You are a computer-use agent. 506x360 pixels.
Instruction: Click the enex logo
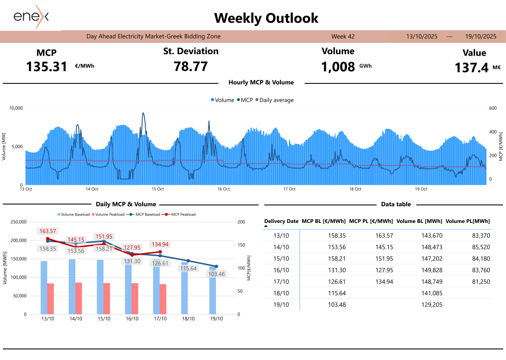click(x=31, y=16)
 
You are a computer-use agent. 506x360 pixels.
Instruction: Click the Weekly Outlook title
click(x=266, y=18)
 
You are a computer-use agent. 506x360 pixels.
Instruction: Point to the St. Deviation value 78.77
click(x=191, y=66)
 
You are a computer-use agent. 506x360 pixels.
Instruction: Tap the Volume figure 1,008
click(x=338, y=66)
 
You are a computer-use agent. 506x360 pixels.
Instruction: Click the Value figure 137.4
click(x=472, y=68)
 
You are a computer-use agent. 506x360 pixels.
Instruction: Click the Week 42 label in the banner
click(x=343, y=36)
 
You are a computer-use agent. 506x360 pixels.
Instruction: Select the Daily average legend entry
click(x=276, y=100)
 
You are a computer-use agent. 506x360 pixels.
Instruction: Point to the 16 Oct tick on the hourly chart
click(x=223, y=189)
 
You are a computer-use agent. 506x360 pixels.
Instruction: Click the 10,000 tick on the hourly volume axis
click(x=16, y=108)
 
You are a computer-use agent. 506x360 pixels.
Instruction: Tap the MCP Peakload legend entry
click(x=182, y=214)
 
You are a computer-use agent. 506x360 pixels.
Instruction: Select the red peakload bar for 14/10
click(x=78, y=298)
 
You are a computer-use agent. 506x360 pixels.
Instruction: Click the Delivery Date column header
click(x=281, y=221)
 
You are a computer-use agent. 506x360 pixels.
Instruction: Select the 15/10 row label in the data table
click(x=281, y=258)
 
